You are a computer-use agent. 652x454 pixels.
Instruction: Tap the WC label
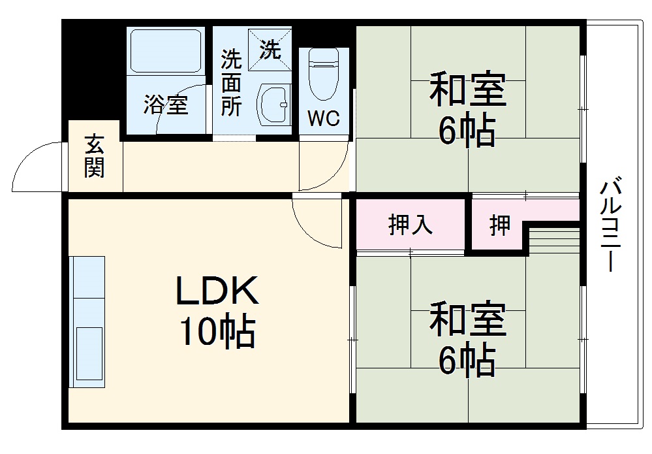click(x=324, y=119)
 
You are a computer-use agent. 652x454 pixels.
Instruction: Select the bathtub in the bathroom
click(x=165, y=50)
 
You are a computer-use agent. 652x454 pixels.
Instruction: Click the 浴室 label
click(x=166, y=105)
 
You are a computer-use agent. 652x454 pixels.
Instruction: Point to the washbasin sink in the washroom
click(x=274, y=103)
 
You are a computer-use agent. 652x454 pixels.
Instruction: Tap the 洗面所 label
click(x=230, y=83)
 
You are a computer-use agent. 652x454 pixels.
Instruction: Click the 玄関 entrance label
click(x=94, y=156)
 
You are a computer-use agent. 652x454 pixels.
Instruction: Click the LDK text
click(x=217, y=292)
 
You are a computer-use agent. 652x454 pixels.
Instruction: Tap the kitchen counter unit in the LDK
click(x=88, y=321)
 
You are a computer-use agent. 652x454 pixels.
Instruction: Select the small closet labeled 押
click(x=500, y=226)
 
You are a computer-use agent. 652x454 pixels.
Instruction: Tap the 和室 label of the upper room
click(x=467, y=91)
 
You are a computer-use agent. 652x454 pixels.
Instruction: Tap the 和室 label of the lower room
click(x=467, y=321)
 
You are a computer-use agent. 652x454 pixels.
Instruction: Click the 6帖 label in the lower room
click(x=467, y=360)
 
